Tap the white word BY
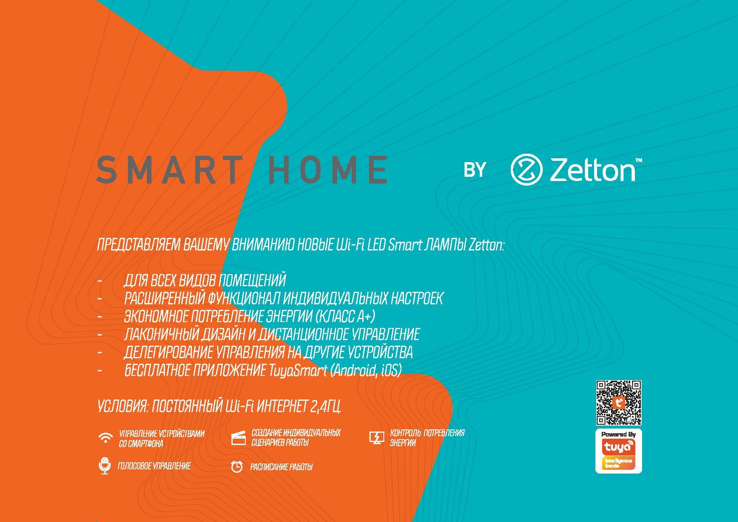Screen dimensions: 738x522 tap(475, 170)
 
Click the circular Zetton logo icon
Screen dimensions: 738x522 tap(526, 170)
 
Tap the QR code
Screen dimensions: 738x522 tap(619, 403)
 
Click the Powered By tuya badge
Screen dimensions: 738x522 tap(619, 451)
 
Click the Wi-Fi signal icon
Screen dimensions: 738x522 tap(105, 438)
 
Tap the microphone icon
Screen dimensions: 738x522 tap(104, 466)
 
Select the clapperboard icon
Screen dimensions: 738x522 tap(238, 438)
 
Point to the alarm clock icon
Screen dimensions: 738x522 tap(237, 466)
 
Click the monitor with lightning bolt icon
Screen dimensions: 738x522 tap(377, 438)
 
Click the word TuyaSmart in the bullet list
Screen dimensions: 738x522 tap(297, 370)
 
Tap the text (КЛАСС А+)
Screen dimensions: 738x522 tap(345, 316)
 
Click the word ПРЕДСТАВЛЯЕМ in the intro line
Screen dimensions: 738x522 tap(139, 245)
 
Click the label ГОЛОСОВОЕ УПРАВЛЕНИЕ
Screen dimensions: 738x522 tap(154, 466)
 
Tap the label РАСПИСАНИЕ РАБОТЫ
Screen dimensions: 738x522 tap(281, 467)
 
